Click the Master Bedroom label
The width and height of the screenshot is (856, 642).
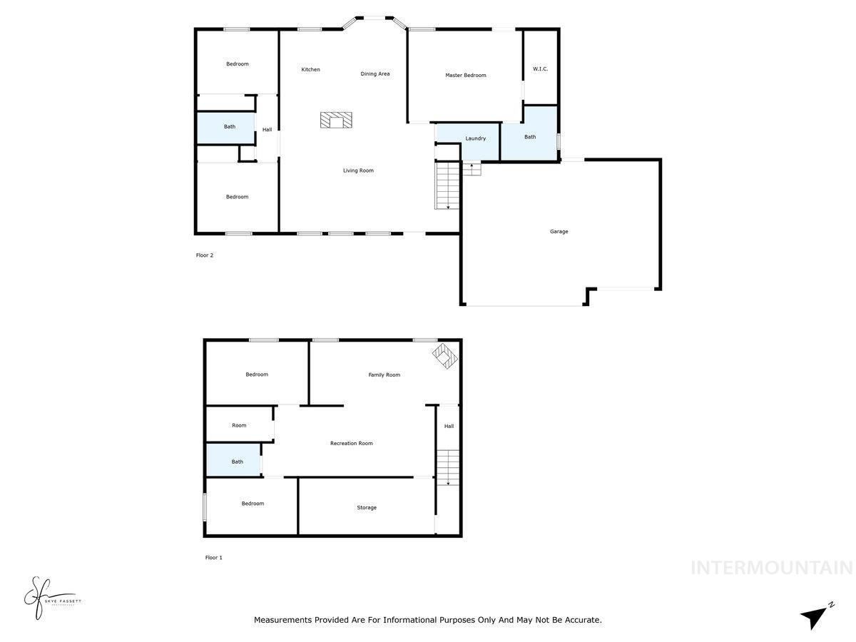pyautogui.click(x=465, y=75)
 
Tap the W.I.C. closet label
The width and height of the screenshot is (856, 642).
pyautogui.click(x=540, y=69)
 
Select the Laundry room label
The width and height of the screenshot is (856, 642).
pyautogui.click(x=475, y=138)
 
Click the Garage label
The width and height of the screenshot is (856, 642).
pyautogui.click(x=559, y=231)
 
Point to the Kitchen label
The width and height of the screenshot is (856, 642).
pyautogui.click(x=310, y=69)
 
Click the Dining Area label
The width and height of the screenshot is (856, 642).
pyautogui.click(x=374, y=73)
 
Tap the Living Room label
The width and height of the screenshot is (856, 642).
pyautogui.click(x=358, y=170)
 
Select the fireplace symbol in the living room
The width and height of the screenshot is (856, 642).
pyautogui.click(x=336, y=120)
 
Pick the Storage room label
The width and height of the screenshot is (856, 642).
pyautogui.click(x=367, y=508)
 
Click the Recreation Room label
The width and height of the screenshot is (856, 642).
pyautogui.click(x=351, y=444)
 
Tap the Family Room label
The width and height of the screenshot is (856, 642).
pyautogui.click(x=384, y=374)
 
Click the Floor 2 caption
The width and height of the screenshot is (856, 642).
pyautogui.click(x=205, y=255)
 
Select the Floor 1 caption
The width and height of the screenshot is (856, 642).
pyautogui.click(x=213, y=558)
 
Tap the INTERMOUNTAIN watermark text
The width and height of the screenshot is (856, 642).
pyautogui.click(x=771, y=568)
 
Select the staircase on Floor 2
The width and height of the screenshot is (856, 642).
pyautogui.click(x=447, y=185)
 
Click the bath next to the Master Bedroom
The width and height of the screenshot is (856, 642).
pyautogui.click(x=529, y=137)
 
